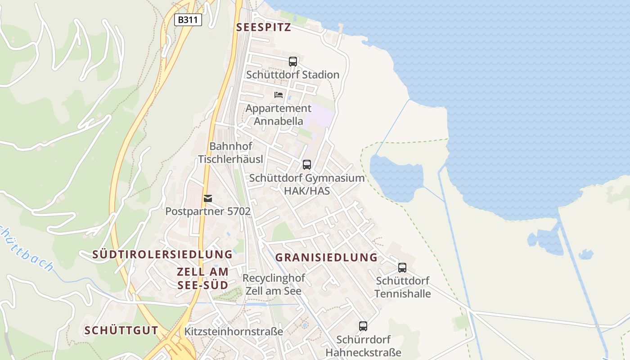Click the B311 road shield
[188, 20]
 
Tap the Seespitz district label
[264, 27]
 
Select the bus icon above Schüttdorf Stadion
[293, 62]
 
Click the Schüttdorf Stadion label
[292, 75]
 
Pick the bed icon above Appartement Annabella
[279, 95]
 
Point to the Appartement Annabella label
[278, 115]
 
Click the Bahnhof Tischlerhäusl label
[231, 153]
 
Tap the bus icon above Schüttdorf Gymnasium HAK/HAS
[307, 165]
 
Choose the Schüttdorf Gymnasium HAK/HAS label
[307, 184]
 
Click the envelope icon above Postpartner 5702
[208, 198]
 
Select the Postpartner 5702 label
[208, 211]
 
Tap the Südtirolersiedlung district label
[162, 254]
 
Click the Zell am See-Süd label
[203, 278]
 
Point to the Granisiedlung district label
[326, 257]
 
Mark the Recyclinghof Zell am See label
[274, 284]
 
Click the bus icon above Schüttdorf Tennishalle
[402, 268]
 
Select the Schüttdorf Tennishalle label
[402, 287]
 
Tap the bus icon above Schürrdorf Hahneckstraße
[363, 326]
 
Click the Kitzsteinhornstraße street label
[234, 332]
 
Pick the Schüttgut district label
[121, 330]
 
